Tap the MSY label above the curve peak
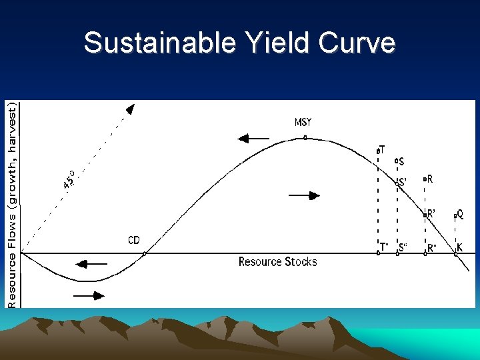click(x=303, y=123)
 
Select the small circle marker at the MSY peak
click(x=305, y=138)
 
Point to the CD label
click(x=134, y=240)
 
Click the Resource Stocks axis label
click(x=277, y=262)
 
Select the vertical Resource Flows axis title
click(x=12, y=204)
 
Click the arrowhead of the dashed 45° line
click(x=131, y=108)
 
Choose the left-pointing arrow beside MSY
click(x=253, y=139)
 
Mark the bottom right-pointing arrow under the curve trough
click(x=89, y=294)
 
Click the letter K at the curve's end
click(x=460, y=247)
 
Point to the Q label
click(x=460, y=214)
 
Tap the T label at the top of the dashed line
click(x=382, y=149)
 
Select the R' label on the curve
click(x=432, y=214)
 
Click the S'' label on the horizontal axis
click(x=403, y=247)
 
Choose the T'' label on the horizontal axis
click(x=384, y=247)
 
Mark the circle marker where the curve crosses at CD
click(x=145, y=253)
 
